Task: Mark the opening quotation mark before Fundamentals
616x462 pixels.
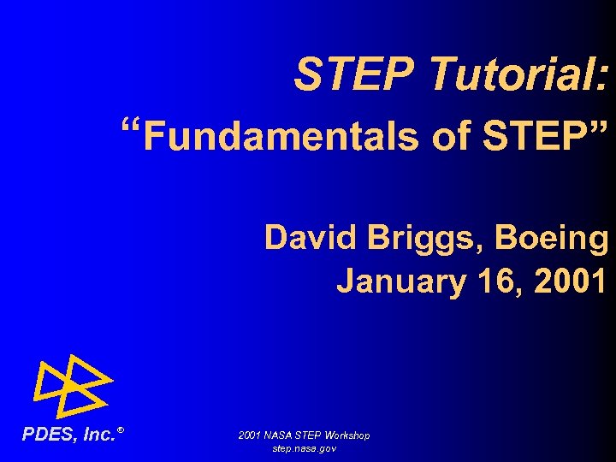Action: pyautogui.click(x=131, y=130)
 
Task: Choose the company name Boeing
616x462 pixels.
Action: pyautogui.click(x=554, y=238)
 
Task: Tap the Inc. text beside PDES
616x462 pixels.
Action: pyautogui.click(x=98, y=435)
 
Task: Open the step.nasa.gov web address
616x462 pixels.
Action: pyautogui.click(x=304, y=448)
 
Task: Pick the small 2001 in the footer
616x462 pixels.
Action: pyautogui.click(x=250, y=435)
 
